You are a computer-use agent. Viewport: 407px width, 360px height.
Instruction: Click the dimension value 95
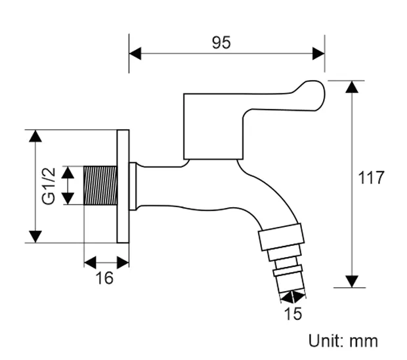[221, 43]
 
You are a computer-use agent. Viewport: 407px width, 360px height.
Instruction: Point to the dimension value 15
[293, 314]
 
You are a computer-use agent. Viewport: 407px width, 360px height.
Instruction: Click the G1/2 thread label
[49, 186]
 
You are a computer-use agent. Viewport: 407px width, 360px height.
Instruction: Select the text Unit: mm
[343, 341]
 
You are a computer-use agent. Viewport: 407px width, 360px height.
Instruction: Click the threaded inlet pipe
[101, 186]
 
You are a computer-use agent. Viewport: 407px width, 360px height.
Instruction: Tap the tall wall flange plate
[123, 186]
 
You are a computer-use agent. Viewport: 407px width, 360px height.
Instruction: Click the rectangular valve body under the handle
[211, 128]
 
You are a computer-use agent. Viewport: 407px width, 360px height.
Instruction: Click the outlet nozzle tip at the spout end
[291, 283]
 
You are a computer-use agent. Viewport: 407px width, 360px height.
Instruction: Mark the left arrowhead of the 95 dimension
[135, 53]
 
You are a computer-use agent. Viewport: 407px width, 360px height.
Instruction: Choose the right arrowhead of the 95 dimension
[318, 53]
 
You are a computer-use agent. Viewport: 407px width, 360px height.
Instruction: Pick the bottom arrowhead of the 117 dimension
[353, 281]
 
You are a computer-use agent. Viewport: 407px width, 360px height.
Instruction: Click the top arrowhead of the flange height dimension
[35, 136]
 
